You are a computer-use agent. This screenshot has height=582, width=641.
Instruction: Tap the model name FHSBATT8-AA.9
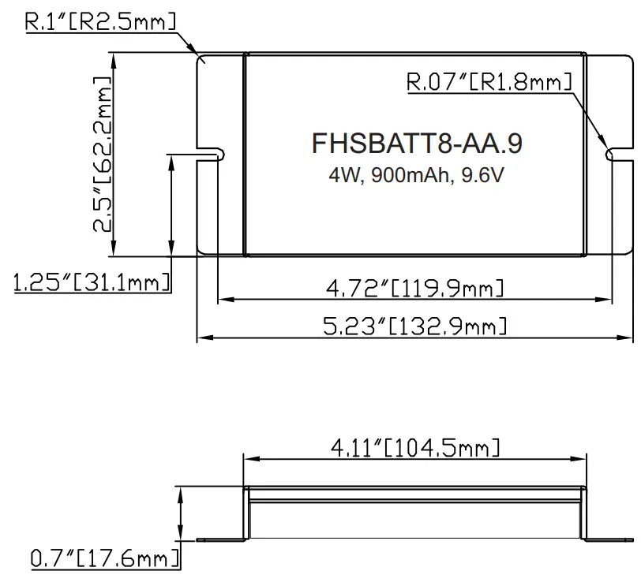(x=416, y=144)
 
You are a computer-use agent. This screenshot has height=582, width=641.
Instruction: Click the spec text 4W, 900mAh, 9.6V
(x=416, y=175)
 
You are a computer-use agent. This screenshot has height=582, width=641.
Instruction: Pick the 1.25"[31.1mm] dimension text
(x=92, y=282)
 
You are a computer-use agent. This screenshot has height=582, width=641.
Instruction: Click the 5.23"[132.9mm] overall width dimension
(x=415, y=326)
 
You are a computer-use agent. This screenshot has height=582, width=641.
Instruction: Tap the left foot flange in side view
(x=218, y=540)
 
